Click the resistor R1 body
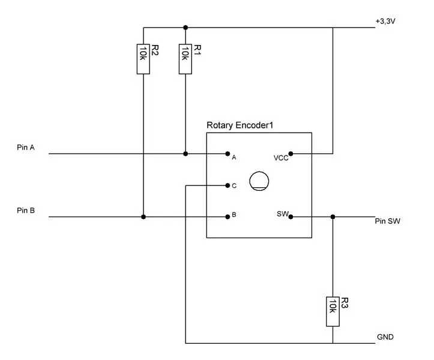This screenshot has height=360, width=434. (185, 59)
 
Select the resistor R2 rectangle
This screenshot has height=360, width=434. (143, 59)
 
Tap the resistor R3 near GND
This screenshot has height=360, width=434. (333, 311)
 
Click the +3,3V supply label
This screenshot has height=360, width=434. (385, 21)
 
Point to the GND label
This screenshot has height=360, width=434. (385, 337)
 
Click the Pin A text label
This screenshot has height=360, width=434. (26, 147)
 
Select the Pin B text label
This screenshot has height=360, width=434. (26, 210)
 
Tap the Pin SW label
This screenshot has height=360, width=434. (388, 221)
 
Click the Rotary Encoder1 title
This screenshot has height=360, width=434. (240, 125)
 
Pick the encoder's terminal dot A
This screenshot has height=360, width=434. (228, 154)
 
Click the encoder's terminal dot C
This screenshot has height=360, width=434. (228, 185)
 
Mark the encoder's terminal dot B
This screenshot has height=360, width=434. (228, 217)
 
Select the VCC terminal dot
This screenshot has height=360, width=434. (291, 154)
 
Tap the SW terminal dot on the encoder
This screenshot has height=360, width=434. (291, 217)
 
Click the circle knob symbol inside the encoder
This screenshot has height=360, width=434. (259, 172)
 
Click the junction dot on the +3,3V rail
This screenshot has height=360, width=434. (185, 28)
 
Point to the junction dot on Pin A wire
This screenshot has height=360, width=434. (185, 154)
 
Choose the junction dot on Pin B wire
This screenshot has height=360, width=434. (143, 217)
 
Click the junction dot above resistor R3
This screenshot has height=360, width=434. (333, 217)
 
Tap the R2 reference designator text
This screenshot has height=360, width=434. (155, 50)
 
